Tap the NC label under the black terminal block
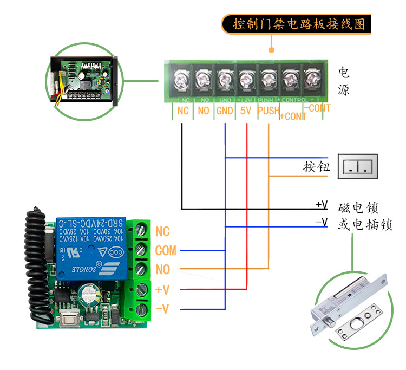(182, 111)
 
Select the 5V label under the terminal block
(246, 111)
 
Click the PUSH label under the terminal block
(269, 111)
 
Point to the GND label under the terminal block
(224, 111)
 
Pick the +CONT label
(292, 116)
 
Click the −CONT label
(317, 108)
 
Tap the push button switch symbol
(357, 166)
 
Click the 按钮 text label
(317, 167)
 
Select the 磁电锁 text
(358, 207)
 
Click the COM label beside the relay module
(166, 251)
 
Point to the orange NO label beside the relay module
(162, 270)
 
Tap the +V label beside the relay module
(162, 290)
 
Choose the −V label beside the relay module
(162, 309)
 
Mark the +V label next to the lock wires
(322, 205)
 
